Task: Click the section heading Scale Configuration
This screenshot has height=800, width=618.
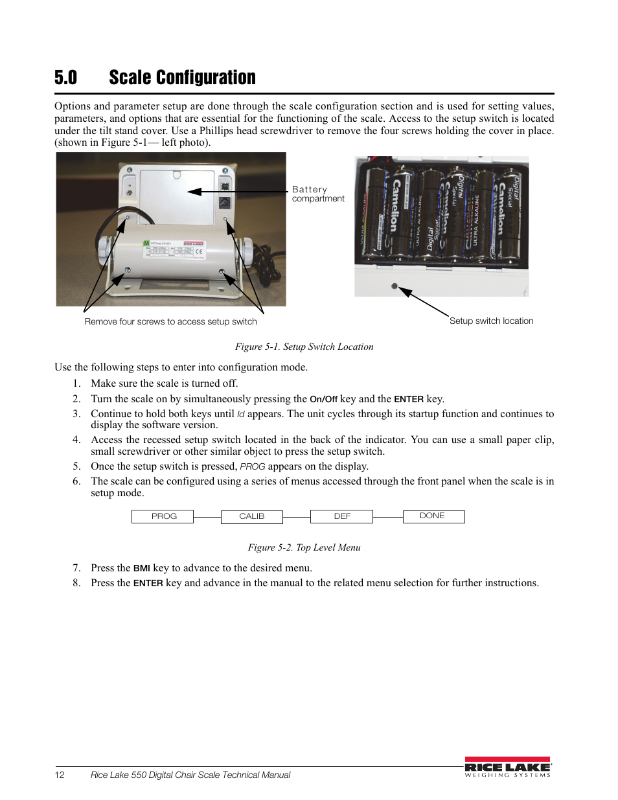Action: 182,78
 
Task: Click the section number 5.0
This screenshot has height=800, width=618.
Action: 65,78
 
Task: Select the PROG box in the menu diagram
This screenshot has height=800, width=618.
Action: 163,516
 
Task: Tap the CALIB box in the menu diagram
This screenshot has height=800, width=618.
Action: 251,516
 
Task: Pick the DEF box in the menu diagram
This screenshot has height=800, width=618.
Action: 341,516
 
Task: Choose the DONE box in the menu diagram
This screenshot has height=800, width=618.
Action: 433,516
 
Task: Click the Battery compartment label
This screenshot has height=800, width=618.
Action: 317,194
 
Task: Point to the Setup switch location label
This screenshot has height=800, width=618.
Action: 491,321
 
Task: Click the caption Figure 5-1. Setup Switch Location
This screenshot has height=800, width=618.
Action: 304,347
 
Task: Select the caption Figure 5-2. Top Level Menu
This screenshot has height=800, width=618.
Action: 304,547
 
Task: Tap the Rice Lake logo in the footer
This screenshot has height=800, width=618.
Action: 507,767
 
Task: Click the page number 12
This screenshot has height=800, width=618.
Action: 60,775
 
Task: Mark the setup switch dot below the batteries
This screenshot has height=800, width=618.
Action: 395,286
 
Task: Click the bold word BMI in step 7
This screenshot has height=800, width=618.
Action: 141,568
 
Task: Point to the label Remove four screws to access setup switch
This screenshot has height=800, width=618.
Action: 170,321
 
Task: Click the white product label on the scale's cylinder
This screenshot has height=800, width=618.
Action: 174,249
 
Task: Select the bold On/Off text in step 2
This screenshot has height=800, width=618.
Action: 323,399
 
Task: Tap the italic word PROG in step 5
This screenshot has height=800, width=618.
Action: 252,466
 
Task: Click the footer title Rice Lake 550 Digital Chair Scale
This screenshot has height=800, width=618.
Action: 190,775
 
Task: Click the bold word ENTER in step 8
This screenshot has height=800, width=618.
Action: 148,583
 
